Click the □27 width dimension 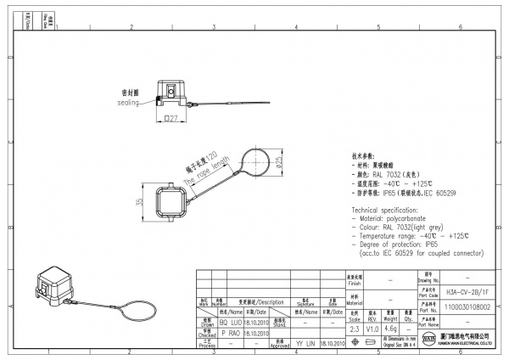pyautogui.click(x=171, y=120)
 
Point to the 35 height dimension pyautogui.click(x=137, y=203)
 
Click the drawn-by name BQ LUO pyautogui.click(x=229, y=323)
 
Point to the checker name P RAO pyautogui.click(x=229, y=334)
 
